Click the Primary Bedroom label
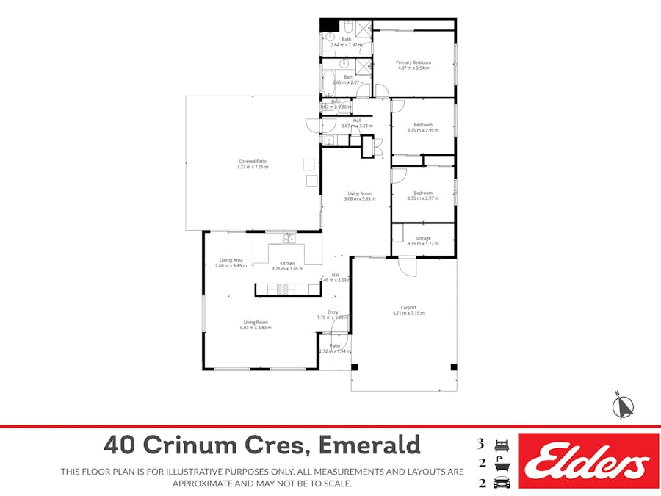tap(413, 62)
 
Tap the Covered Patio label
tap(252, 161)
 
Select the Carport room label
tap(408, 307)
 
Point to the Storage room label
tap(423, 238)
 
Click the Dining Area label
tap(231, 259)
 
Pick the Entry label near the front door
tap(333, 312)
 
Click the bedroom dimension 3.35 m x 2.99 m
tap(422, 131)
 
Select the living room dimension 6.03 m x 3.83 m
tap(256, 328)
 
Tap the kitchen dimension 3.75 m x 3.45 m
tap(287, 269)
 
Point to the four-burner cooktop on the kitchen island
tap(282, 289)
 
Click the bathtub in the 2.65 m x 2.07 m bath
tap(328, 82)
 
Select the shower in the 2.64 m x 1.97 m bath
tap(361, 29)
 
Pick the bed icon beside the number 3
tap(502, 445)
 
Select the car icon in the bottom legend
tap(502, 483)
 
